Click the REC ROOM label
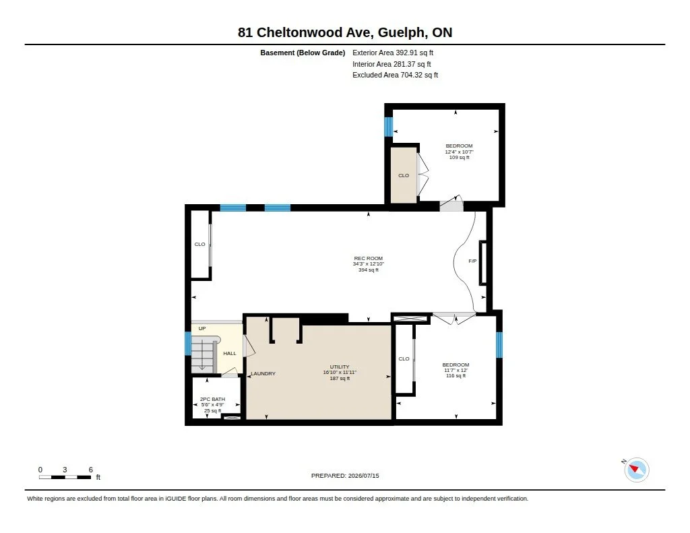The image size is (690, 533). click(369, 258)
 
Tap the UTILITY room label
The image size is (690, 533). click(340, 367)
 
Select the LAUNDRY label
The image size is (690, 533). click(263, 374)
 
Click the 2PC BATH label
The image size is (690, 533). click(212, 399)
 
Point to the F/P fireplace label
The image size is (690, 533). click(472, 261)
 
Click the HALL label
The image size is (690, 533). click(230, 354)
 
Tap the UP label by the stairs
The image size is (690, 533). click(202, 328)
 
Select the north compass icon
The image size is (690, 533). click(636, 470)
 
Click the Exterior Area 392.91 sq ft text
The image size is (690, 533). click(393, 53)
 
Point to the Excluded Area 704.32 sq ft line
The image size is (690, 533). click(395, 75)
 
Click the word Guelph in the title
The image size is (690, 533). click(402, 32)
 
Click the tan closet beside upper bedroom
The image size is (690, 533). click(404, 175)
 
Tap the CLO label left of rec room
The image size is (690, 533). click(199, 245)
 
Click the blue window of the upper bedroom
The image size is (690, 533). click(388, 127)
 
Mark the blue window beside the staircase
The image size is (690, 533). click(188, 344)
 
